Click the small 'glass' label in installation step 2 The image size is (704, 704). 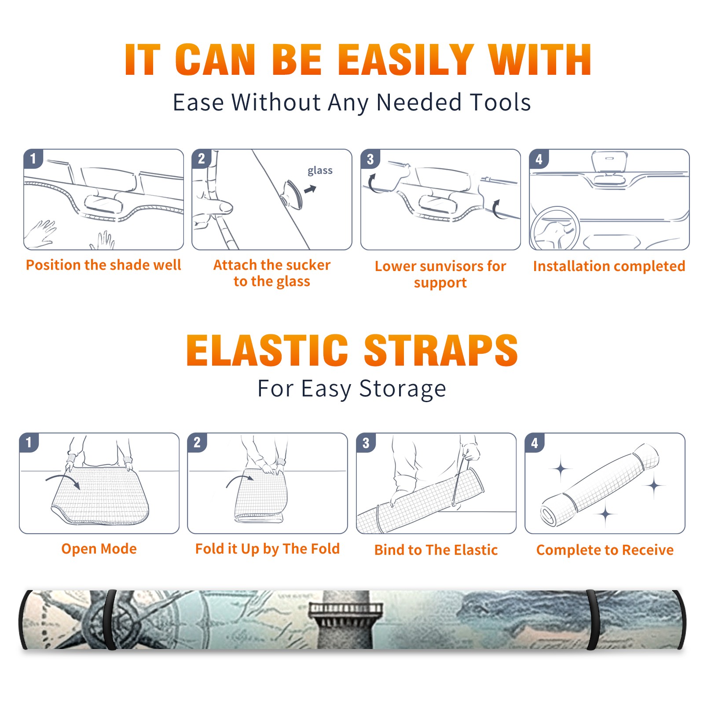(x=320, y=171)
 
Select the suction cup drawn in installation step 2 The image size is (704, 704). (x=293, y=194)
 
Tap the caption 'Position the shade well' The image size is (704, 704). (x=103, y=265)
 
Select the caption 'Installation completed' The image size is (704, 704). (x=609, y=266)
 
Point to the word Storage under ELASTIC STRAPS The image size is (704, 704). (x=402, y=389)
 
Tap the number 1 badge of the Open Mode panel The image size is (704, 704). (x=29, y=442)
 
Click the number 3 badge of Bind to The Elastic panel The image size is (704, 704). (x=366, y=443)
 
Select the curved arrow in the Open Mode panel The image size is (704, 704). (x=63, y=481)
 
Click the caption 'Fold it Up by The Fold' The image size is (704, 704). (x=268, y=549)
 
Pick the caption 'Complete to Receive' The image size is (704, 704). (x=605, y=550)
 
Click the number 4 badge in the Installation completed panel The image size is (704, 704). (x=539, y=159)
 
